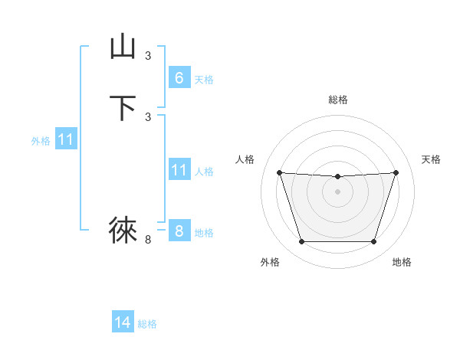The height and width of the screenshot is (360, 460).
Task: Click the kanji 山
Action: [x=123, y=47]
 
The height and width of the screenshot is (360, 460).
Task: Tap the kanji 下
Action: [x=123, y=107]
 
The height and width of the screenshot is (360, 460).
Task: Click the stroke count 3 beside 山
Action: [x=148, y=55]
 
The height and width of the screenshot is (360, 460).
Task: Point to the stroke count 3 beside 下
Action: [x=148, y=116]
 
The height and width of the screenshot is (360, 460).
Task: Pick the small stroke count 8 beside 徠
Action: [x=148, y=240]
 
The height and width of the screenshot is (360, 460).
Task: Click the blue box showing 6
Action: [x=179, y=78]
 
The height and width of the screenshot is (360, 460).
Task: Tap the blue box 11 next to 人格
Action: [x=179, y=169]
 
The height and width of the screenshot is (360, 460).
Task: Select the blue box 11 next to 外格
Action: [x=66, y=139]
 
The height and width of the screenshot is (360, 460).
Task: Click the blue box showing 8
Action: [x=179, y=231]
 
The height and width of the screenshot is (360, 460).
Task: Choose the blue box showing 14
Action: [x=123, y=322]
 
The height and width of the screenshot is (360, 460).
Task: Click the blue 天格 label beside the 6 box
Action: [x=204, y=80]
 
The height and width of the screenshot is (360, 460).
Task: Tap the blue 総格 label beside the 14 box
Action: [x=147, y=324]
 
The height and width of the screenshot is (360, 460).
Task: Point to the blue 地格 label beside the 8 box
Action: [x=204, y=233]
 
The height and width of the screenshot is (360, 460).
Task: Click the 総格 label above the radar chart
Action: [x=337, y=100]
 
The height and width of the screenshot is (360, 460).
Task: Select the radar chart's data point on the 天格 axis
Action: [x=396, y=172]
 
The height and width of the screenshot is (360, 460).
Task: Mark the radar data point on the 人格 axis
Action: [x=279, y=172]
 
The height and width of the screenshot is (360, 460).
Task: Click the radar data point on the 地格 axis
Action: [x=373, y=242]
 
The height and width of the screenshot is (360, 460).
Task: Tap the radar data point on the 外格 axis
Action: [x=301, y=242]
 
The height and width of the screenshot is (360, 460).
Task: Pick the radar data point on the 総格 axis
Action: [x=337, y=176]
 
